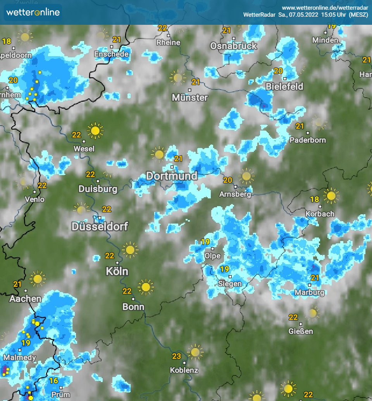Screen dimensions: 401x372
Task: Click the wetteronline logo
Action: click(x=33, y=12)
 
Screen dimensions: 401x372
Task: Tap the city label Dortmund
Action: click(x=171, y=176)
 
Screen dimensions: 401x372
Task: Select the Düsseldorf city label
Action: click(x=100, y=227)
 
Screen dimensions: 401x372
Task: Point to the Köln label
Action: click(x=117, y=271)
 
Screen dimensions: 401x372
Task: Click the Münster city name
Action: click(x=190, y=98)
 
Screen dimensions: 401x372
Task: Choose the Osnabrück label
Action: click(x=233, y=46)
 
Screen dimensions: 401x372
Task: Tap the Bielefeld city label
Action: click(x=284, y=86)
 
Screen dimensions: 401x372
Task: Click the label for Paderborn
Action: click(x=308, y=140)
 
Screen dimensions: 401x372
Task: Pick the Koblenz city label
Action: click(x=184, y=370)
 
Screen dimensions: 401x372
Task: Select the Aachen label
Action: click(x=26, y=299)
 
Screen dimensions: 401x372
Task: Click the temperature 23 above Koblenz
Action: click(x=176, y=356)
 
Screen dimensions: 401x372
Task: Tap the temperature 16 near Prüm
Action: click(x=53, y=380)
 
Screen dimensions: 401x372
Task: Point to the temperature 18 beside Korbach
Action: click(x=315, y=199)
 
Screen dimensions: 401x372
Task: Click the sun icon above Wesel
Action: click(x=95, y=131)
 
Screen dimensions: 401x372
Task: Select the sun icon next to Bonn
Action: click(x=146, y=287)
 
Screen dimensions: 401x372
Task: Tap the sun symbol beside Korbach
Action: click(x=331, y=196)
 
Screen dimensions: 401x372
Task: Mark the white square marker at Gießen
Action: click(x=301, y=324)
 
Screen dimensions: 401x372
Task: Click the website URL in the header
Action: click(x=325, y=8)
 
